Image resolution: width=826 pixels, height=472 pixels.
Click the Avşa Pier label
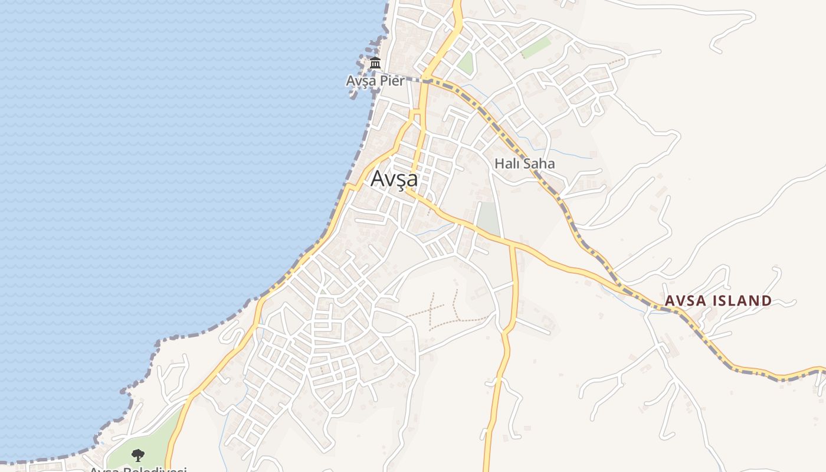(x=375, y=81)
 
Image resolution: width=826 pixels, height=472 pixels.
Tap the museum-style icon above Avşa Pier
(x=375, y=63)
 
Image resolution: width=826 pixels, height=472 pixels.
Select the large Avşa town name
(x=394, y=178)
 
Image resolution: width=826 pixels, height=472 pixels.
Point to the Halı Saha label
(x=525, y=163)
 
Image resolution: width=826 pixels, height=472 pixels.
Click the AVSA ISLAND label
(x=718, y=301)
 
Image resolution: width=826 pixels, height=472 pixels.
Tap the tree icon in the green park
(x=137, y=455)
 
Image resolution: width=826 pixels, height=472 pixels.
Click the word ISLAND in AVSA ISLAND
(x=742, y=301)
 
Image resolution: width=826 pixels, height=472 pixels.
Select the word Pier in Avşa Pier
(x=392, y=81)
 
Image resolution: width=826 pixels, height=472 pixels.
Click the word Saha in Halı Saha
(x=539, y=163)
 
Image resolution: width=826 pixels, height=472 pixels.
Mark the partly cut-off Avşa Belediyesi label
(x=138, y=469)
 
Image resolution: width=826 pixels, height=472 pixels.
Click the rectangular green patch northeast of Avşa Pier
(x=536, y=48)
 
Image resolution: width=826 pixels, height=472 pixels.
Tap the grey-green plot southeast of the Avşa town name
(x=488, y=219)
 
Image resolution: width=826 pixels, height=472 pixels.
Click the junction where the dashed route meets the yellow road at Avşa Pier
(x=425, y=80)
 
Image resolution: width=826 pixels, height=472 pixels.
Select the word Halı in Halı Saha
(x=507, y=163)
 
